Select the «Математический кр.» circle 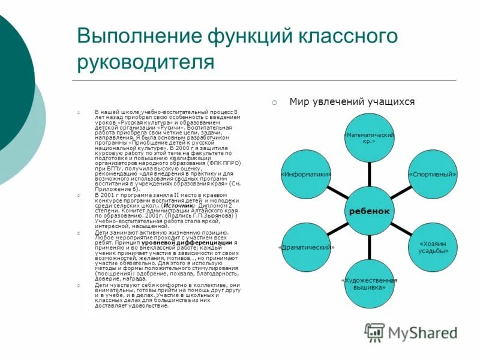pyautogui.click(x=369, y=140)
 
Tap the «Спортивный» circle pyautogui.click(x=433, y=175)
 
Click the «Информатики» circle pyautogui.click(x=307, y=175)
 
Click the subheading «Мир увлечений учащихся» pyautogui.click(x=352, y=102)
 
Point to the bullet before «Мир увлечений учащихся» pyautogui.click(x=273, y=103)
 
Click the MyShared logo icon pyautogui.click(x=375, y=332)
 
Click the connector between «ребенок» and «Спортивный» pyautogui.click(x=400, y=193)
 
